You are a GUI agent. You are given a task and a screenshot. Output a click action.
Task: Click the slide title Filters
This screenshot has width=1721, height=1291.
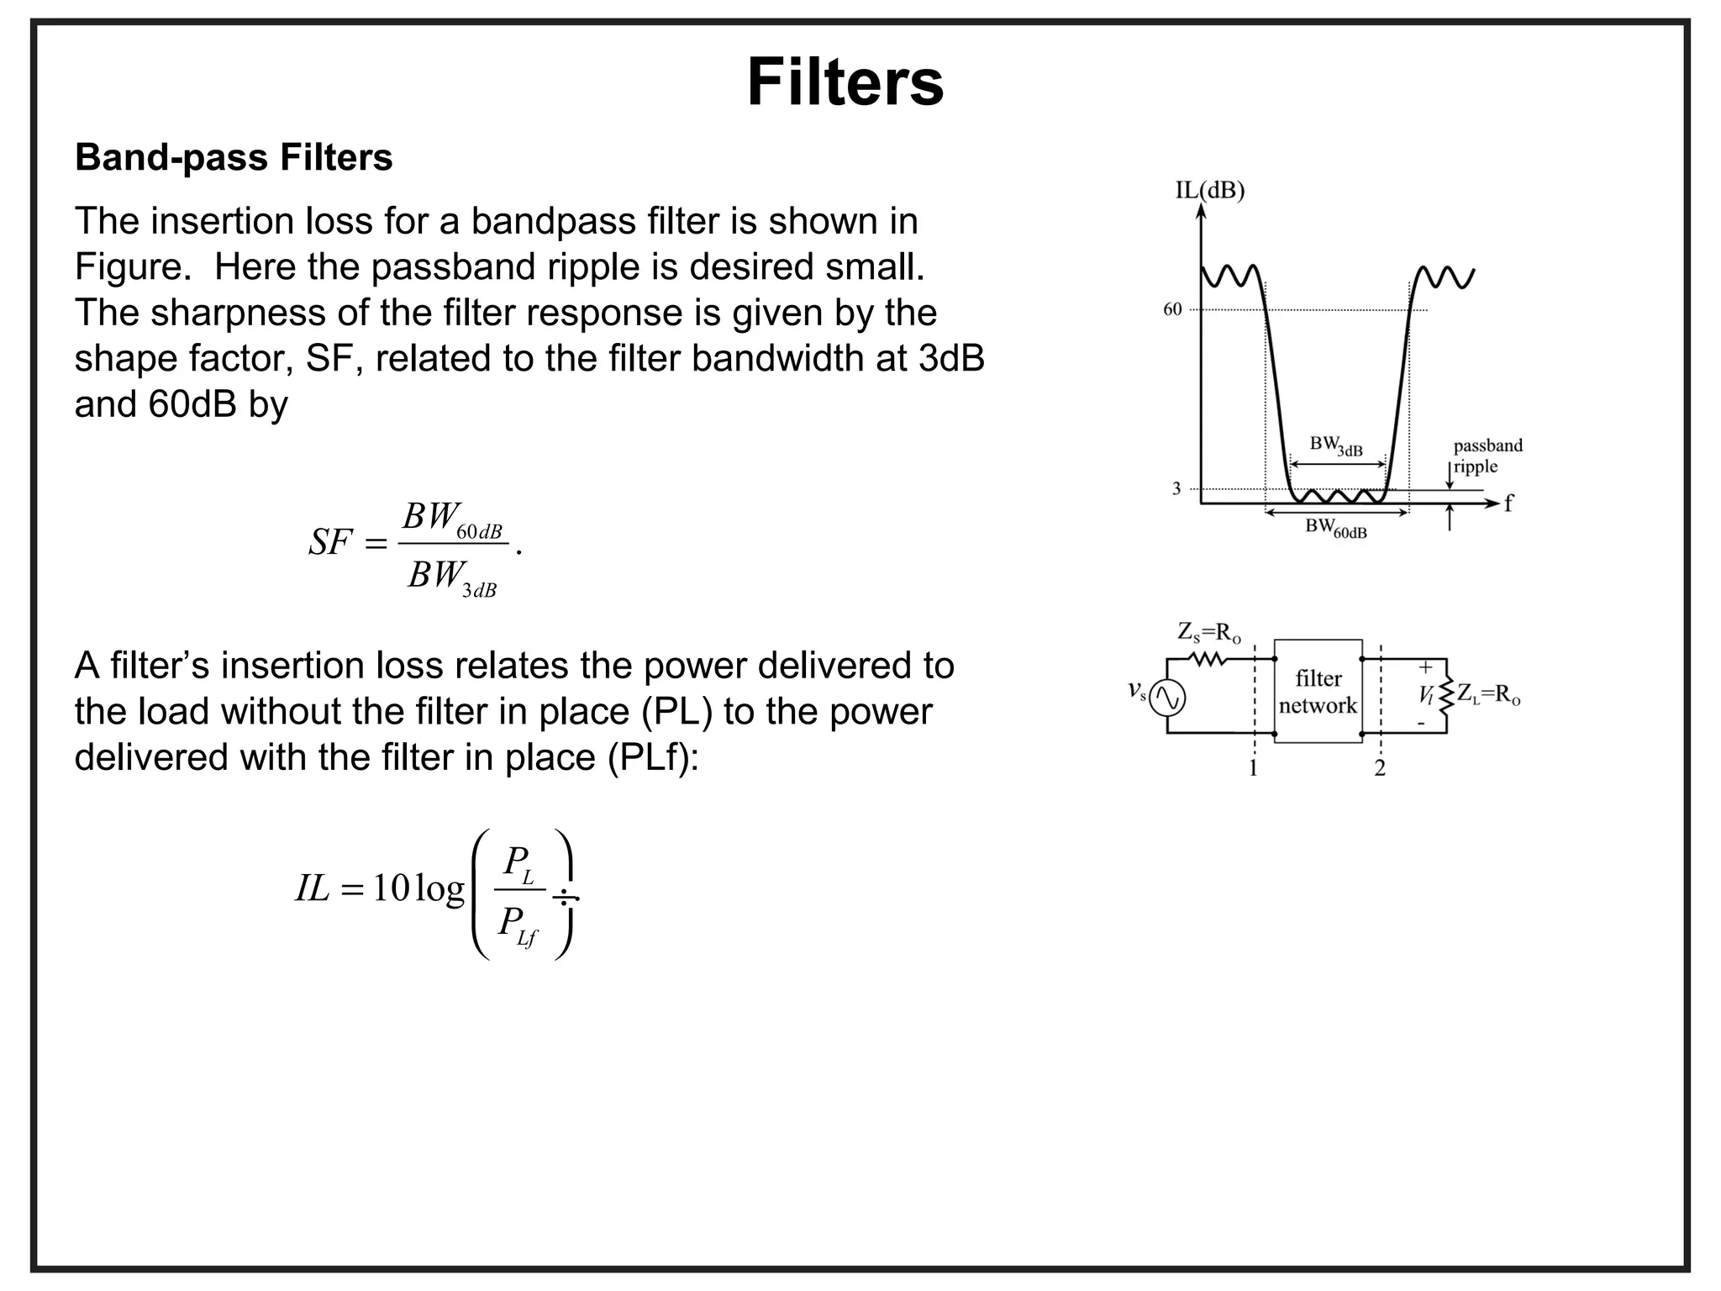coord(845,82)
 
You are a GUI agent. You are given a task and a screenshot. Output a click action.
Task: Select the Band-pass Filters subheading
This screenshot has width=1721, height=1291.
coord(234,157)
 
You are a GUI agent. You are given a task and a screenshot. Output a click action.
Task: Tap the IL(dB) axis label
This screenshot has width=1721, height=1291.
coord(1209,191)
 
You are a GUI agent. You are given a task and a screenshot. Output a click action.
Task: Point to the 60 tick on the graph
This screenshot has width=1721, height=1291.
coord(1172,309)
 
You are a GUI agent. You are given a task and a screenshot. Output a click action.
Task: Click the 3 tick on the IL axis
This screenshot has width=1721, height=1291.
coord(1176,488)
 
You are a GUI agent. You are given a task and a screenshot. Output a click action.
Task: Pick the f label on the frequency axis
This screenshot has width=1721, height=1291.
coord(1509,503)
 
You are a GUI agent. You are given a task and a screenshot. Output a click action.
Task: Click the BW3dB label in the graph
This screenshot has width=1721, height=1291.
coord(1335,445)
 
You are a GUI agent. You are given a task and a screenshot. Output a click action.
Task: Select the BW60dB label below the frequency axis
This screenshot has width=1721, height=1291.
coord(1335,529)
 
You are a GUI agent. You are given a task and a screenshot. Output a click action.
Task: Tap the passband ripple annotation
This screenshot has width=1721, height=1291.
coord(1487,456)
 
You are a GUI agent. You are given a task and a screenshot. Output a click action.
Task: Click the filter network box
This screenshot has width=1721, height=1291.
coord(1318,691)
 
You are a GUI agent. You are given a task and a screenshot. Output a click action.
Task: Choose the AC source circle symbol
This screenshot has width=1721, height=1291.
coord(1167,697)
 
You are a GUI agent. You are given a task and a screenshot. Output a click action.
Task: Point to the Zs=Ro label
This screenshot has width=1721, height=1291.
coord(1209,632)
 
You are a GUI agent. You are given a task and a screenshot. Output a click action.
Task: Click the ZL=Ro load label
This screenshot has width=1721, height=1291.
coord(1488,694)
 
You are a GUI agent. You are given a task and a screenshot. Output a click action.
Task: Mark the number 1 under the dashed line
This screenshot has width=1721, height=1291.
coord(1253,767)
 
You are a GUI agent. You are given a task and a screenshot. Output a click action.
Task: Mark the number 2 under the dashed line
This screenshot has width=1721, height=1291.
coord(1379,767)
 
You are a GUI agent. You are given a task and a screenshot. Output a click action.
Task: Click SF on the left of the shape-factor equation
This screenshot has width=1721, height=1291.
coord(329,543)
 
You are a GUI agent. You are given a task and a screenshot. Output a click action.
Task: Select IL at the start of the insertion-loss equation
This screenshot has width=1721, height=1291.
coord(312,888)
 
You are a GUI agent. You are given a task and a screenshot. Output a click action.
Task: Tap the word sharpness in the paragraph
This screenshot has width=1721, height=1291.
coord(232,313)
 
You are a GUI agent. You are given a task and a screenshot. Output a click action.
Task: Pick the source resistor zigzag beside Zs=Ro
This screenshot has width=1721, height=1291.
coord(1210,660)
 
